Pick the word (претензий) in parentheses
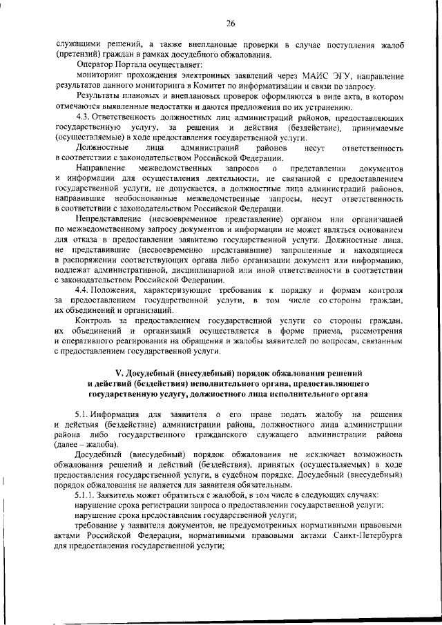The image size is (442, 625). [x=77, y=55]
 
